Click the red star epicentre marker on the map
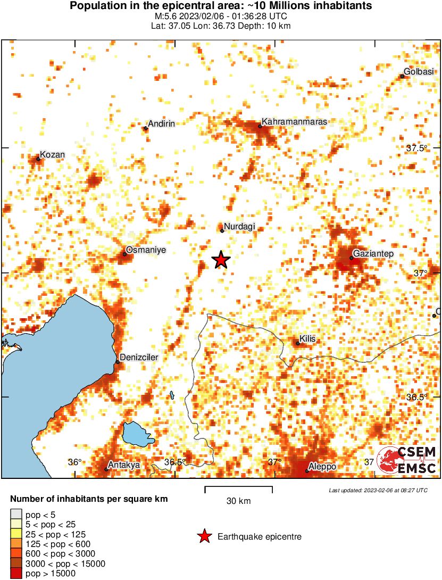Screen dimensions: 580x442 (221, 260)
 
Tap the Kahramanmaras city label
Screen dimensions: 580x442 (294, 122)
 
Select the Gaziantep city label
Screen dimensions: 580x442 (373, 254)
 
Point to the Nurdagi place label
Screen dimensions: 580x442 (239, 227)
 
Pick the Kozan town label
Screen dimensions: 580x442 (53, 155)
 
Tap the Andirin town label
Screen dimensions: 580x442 (162, 124)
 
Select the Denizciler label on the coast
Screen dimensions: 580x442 (139, 358)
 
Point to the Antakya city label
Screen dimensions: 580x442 (123, 465)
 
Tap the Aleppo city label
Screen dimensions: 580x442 (322, 467)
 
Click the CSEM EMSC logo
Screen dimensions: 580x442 (407, 460)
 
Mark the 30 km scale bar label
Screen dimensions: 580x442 (238, 501)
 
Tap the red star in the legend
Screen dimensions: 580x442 (204, 537)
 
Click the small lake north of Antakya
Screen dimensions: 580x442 (136, 433)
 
